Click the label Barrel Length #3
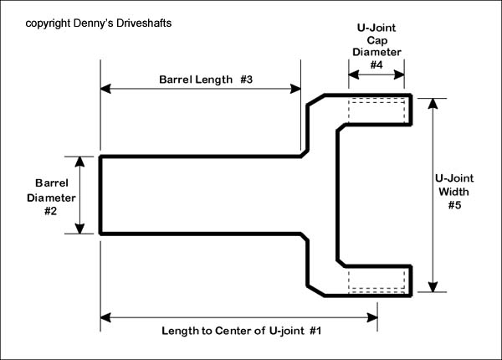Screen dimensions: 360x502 [206, 80]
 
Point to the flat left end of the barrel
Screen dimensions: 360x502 [100, 194]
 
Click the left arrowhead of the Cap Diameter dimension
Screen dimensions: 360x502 [352, 74]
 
